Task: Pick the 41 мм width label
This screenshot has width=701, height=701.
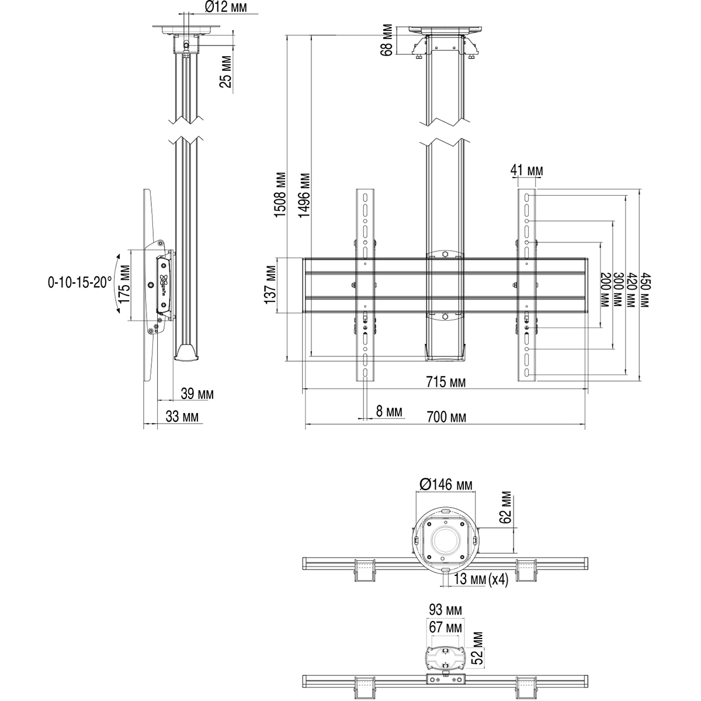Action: (x=526, y=170)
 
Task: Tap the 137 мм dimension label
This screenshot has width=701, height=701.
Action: (x=270, y=284)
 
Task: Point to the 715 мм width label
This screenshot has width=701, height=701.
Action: (x=445, y=383)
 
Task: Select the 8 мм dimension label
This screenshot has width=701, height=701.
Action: (x=389, y=412)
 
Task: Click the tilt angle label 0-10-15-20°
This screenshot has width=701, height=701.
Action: (x=80, y=283)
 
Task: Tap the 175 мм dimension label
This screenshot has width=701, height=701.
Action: (x=123, y=284)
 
